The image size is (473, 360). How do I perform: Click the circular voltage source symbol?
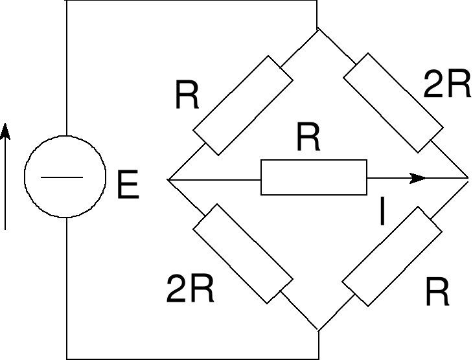pos(65,177)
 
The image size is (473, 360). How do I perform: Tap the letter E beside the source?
pos(128,186)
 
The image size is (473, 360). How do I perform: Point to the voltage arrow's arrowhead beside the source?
pos(5,131)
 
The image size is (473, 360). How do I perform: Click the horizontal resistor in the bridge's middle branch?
pos(314,177)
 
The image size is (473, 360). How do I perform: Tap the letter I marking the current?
pos(382,213)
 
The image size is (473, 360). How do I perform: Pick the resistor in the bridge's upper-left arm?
pos(244,105)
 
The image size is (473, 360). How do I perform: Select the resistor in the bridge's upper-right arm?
pos(393,101)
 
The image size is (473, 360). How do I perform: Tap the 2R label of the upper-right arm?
pos(446,85)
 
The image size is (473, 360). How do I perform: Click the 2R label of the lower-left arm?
pos(190,289)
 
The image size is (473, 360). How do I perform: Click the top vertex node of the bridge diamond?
pos(317,30)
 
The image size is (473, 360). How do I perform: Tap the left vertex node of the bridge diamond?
pos(167,178)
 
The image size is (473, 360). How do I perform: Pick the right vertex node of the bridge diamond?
pos(468,177)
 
